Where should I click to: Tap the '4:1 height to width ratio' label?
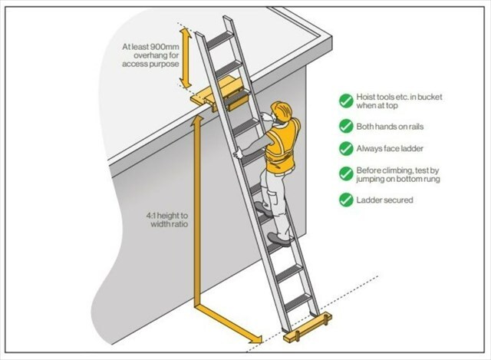click(x=163, y=222)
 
